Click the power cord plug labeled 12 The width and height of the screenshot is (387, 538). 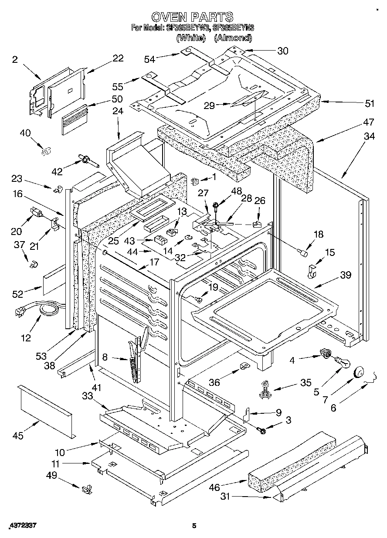click(x=20, y=311)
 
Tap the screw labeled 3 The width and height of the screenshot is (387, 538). click(x=262, y=430)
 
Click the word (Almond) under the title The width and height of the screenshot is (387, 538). click(x=233, y=38)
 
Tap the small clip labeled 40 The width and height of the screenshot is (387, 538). click(x=44, y=151)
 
